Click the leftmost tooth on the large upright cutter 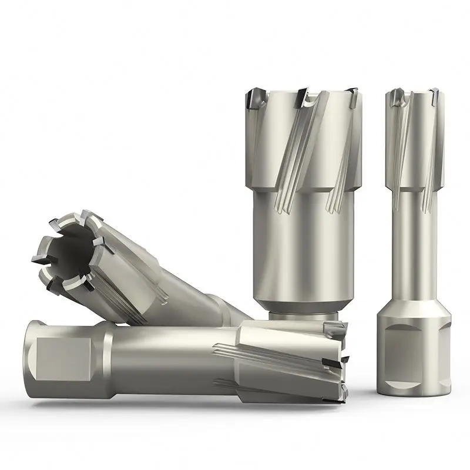[256, 97]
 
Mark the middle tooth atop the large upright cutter [303, 96]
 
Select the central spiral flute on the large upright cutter [294, 153]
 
